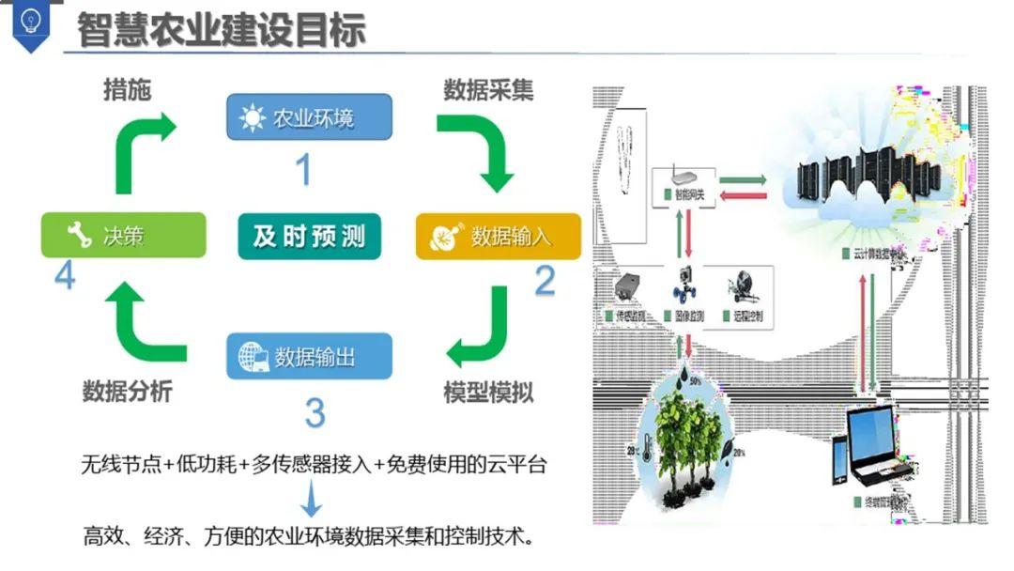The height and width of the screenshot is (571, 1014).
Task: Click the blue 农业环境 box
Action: coord(309,118)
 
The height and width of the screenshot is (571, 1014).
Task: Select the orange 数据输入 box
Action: coord(498,237)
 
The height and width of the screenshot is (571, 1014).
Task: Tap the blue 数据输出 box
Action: coord(309,357)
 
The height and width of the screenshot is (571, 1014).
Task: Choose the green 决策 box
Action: coord(123,235)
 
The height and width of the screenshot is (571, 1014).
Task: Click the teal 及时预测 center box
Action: coord(309,236)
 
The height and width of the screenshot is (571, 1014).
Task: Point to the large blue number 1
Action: coord(303,169)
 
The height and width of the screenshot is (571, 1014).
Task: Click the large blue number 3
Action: coord(315,413)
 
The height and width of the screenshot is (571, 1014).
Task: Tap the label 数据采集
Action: coord(488,90)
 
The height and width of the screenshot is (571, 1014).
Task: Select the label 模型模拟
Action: coord(488,392)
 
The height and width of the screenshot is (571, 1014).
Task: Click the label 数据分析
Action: coord(127,392)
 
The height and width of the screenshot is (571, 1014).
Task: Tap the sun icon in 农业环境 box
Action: coord(252,118)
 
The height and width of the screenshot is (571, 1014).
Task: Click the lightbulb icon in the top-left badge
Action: coord(30,21)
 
